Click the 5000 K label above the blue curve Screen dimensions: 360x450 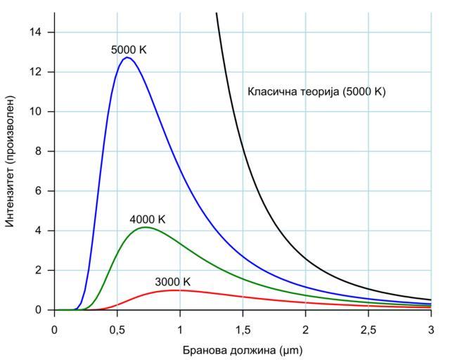coord(129,50)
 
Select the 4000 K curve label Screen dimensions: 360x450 coord(148,220)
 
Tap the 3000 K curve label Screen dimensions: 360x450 coord(173,283)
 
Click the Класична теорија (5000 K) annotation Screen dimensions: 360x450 coord(316,91)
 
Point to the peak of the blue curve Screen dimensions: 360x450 coord(127,58)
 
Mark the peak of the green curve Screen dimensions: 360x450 coord(146,227)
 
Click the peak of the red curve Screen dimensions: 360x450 coord(172,290)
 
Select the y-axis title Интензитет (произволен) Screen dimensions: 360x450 coord(11,161)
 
